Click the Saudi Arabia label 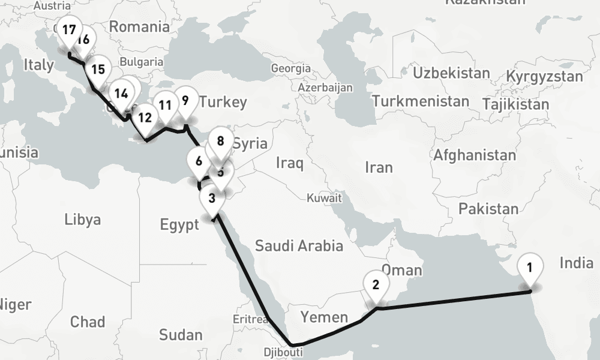299,245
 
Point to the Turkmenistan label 420,101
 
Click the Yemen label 324,316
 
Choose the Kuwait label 324,197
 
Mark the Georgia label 291,68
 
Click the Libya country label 82,219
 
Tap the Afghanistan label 475,155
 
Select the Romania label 139,26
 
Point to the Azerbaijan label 325,88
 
